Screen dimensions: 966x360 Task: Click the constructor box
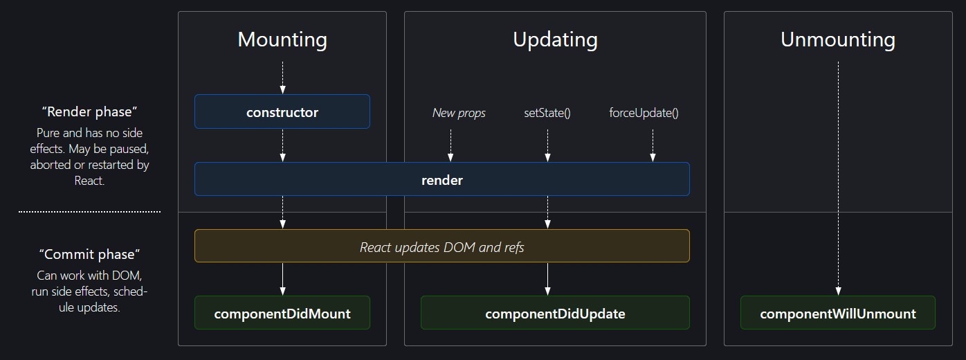[x=282, y=111]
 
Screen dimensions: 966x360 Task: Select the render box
[x=442, y=179]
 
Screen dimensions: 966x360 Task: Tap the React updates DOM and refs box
[x=442, y=246]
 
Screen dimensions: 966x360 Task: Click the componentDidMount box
[x=282, y=313]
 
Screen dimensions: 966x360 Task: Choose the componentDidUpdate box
[x=555, y=313]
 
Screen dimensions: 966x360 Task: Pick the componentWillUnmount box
[x=838, y=313]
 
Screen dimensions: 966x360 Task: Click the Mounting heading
[x=282, y=40]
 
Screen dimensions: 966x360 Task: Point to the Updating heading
[x=556, y=40]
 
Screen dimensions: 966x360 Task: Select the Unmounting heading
[x=838, y=40]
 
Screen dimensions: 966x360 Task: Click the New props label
[x=459, y=113]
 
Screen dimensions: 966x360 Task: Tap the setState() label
[x=547, y=113]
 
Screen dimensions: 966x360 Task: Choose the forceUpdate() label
[x=644, y=113]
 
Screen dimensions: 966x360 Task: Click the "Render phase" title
[x=90, y=111]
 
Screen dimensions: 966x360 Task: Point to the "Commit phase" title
[x=90, y=254]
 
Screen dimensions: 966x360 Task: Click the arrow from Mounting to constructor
[x=282, y=78]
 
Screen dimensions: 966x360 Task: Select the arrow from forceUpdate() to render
[x=653, y=146]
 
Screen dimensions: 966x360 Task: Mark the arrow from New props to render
[x=450, y=146]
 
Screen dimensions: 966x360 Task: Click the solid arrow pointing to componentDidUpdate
[x=547, y=279]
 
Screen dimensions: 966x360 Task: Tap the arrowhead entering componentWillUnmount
[x=838, y=291]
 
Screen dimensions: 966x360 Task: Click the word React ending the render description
[x=89, y=181]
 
